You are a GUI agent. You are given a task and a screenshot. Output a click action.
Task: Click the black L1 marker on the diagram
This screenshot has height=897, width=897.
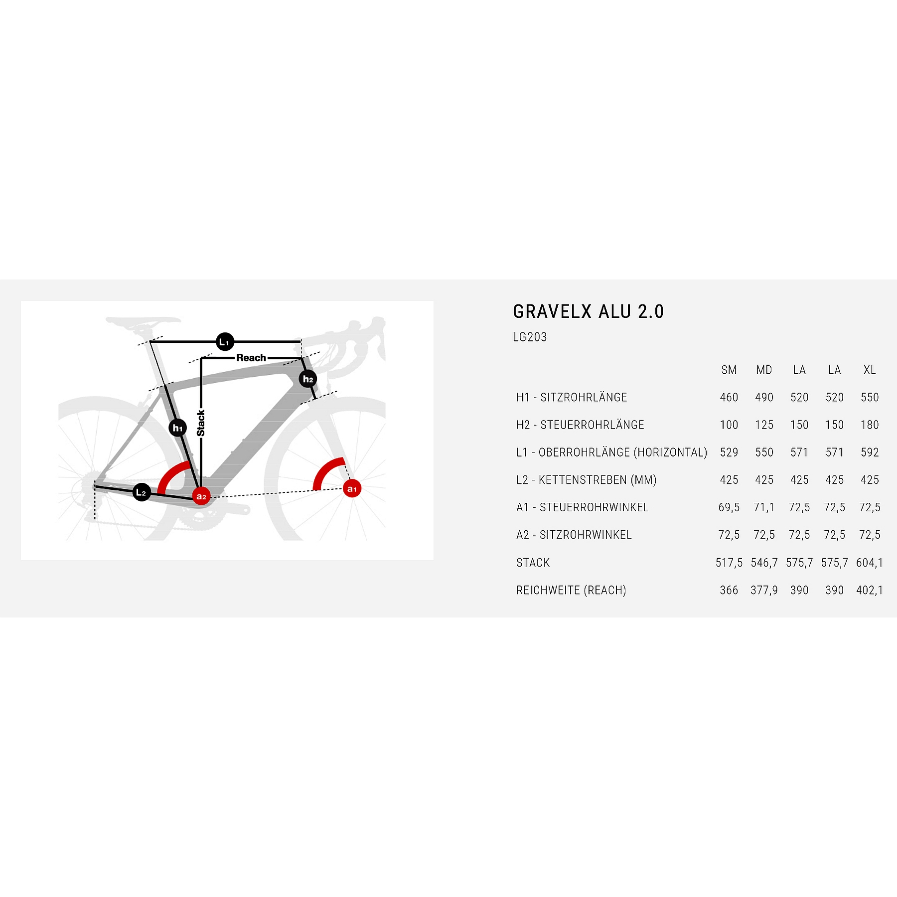(225, 342)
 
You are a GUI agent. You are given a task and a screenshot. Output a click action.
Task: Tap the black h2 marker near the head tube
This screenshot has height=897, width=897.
(308, 379)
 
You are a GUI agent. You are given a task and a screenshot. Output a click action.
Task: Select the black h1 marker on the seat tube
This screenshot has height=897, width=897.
(177, 428)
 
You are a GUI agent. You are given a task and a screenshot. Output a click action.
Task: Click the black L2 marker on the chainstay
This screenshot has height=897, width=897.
(142, 492)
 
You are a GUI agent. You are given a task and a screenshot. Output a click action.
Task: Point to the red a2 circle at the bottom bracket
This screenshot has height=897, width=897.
(201, 496)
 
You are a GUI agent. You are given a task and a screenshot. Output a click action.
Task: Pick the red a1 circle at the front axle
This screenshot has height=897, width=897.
(352, 489)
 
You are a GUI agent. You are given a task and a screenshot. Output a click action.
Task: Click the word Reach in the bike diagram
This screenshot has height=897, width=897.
(251, 358)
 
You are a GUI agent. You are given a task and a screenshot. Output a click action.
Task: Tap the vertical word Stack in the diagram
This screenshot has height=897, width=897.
(201, 423)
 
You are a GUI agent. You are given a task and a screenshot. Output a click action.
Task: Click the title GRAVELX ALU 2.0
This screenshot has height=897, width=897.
(589, 311)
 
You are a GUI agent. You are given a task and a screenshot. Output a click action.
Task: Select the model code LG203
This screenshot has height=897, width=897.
(530, 337)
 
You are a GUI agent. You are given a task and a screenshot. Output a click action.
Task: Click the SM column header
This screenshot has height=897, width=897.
(729, 370)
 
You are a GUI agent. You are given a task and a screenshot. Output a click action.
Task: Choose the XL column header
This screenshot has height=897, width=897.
(870, 370)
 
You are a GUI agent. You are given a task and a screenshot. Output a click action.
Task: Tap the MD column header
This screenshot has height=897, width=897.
(764, 370)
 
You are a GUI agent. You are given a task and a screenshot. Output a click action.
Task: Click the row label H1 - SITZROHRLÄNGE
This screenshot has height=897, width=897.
(572, 397)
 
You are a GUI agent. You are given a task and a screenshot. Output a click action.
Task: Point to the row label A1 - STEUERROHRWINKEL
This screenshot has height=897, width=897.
(583, 507)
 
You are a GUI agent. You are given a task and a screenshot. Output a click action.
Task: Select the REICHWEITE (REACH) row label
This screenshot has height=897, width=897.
(571, 590)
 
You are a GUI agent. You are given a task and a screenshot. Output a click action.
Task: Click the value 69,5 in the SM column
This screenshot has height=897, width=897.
(729, 507)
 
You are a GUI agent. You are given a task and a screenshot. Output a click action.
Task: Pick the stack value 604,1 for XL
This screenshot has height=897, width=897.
(870, 563)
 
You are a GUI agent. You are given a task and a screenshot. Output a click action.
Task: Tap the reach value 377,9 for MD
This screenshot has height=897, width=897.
(764, 590)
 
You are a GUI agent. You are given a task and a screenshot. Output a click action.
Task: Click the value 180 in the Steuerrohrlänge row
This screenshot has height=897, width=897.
(870, 425)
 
